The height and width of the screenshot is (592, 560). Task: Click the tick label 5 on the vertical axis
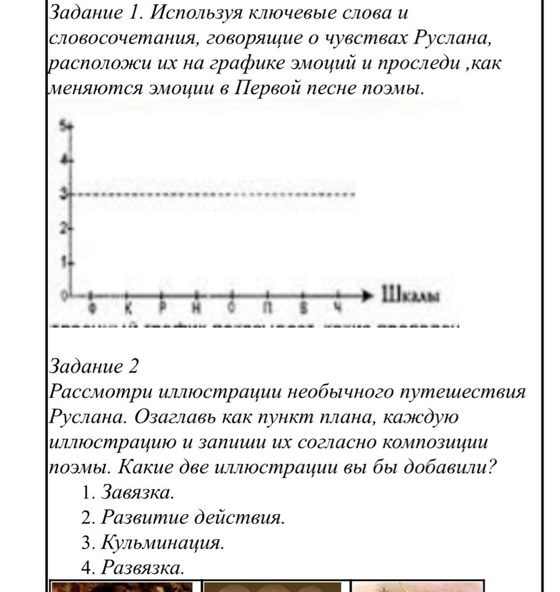[x=64, y=126]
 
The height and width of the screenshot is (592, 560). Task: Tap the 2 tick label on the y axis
[x=64, y=228]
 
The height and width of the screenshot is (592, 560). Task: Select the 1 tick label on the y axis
[x=64, y=262]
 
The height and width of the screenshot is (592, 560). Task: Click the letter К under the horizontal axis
[x=128, y=308]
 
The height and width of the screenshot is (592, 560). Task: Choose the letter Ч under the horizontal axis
[x=338, y=308]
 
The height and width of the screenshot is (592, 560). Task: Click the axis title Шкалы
[x=409, y=296]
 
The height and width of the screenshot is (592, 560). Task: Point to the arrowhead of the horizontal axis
[x=369, y=296]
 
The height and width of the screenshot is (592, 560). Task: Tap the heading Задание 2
[x=94, y=367]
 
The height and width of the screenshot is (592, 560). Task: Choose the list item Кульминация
[x=162, y=543]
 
